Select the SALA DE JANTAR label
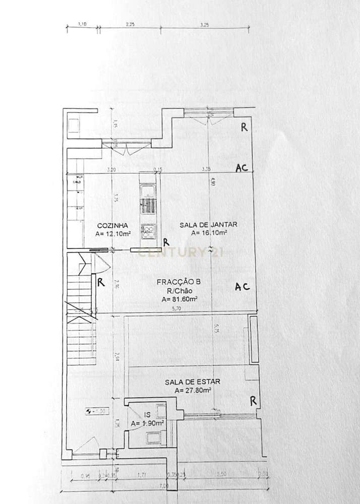tap(208, 225)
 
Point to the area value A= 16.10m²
tap(209, 233)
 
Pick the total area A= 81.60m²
tap(180, 299)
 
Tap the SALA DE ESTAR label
tap(192, 382)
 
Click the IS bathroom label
tap(147, 415)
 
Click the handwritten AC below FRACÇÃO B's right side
tap(243, 287)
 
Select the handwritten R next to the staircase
tap(101, 283)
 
